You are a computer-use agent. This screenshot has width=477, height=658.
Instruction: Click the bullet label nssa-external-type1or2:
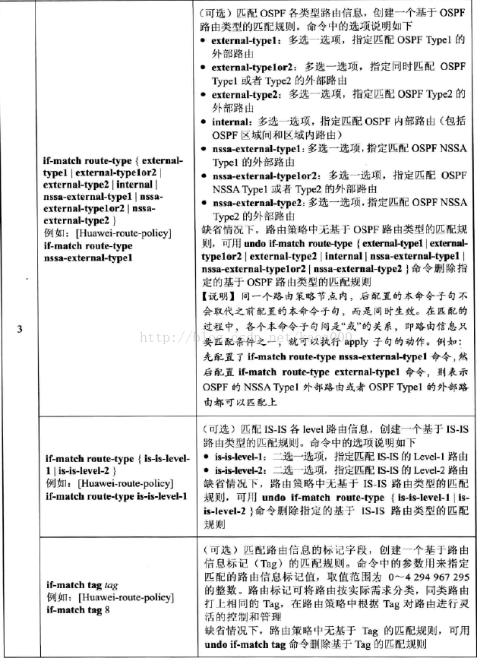click(x=259, y=176)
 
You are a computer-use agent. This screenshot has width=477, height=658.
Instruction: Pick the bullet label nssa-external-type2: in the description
click(x=254, y=203)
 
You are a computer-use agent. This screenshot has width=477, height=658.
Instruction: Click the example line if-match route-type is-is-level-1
click(x=116, y=496)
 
